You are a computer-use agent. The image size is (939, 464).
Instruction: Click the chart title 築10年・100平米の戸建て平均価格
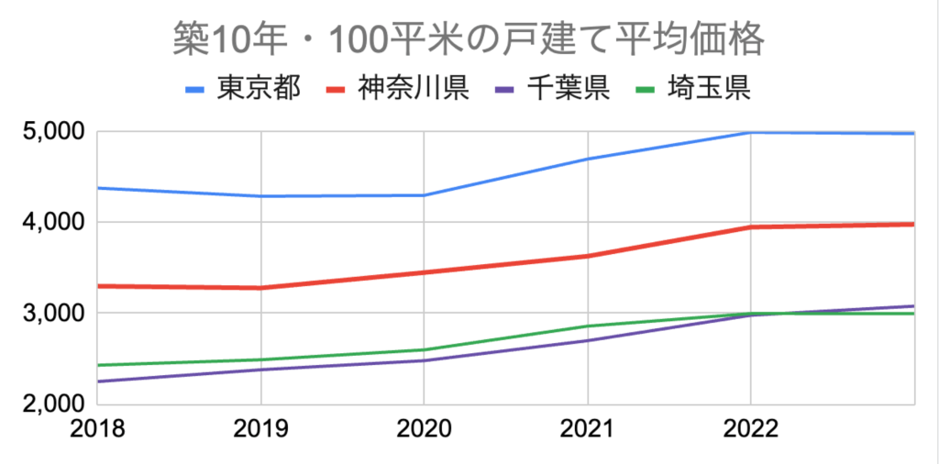tap(469, 40)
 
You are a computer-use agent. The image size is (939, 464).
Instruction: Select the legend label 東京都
tap(258, 89)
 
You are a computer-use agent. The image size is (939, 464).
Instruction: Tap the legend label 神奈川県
tap(414, 89)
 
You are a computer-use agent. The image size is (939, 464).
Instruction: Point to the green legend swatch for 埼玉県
tap(651, 90)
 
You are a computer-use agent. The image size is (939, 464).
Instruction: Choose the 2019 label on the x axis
tap(261, 429)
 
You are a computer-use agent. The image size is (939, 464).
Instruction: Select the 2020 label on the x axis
tap(424, 429)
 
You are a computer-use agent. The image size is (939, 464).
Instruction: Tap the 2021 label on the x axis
tap(587, 429)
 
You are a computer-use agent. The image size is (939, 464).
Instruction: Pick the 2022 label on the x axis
tap(750, 429)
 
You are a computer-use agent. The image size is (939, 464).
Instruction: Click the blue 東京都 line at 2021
tap(587, 159)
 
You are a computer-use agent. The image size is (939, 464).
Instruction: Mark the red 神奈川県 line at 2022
tap(750, 227)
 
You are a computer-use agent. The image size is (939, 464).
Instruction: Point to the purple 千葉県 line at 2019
tap(261, 370)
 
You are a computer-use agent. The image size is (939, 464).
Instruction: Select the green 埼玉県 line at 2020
tap(424, 349)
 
